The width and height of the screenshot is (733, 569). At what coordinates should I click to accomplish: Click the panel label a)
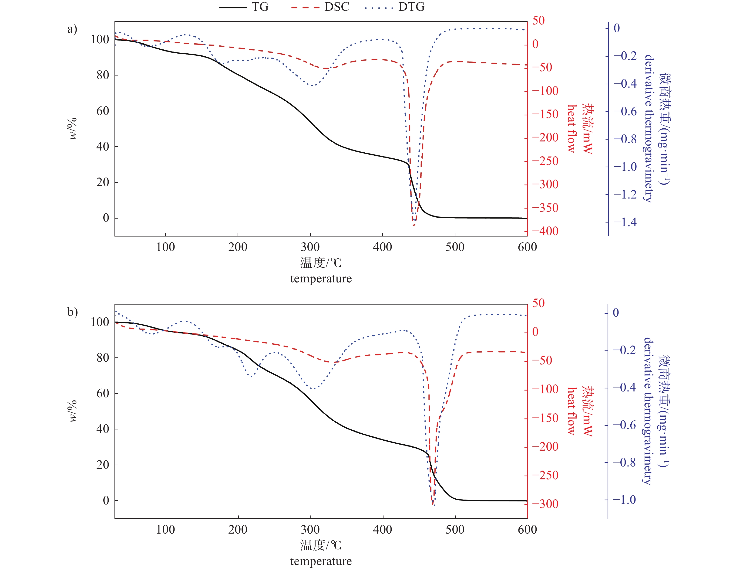tap(72, 29)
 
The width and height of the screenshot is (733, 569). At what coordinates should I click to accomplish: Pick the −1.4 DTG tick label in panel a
tap(625, 222)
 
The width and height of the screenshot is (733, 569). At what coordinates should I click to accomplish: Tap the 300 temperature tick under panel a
tap(310, 247)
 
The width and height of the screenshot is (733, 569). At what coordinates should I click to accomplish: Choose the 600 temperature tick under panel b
tap(527, 530)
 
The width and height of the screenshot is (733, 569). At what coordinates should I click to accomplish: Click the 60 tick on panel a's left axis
tap(103, 111)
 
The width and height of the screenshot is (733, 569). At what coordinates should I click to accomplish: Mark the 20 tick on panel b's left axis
tap(103, 465)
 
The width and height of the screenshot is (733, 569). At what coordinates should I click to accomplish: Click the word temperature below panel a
tap(321, 279)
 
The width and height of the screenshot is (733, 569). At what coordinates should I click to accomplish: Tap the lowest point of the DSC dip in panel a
tap(414, 225)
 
